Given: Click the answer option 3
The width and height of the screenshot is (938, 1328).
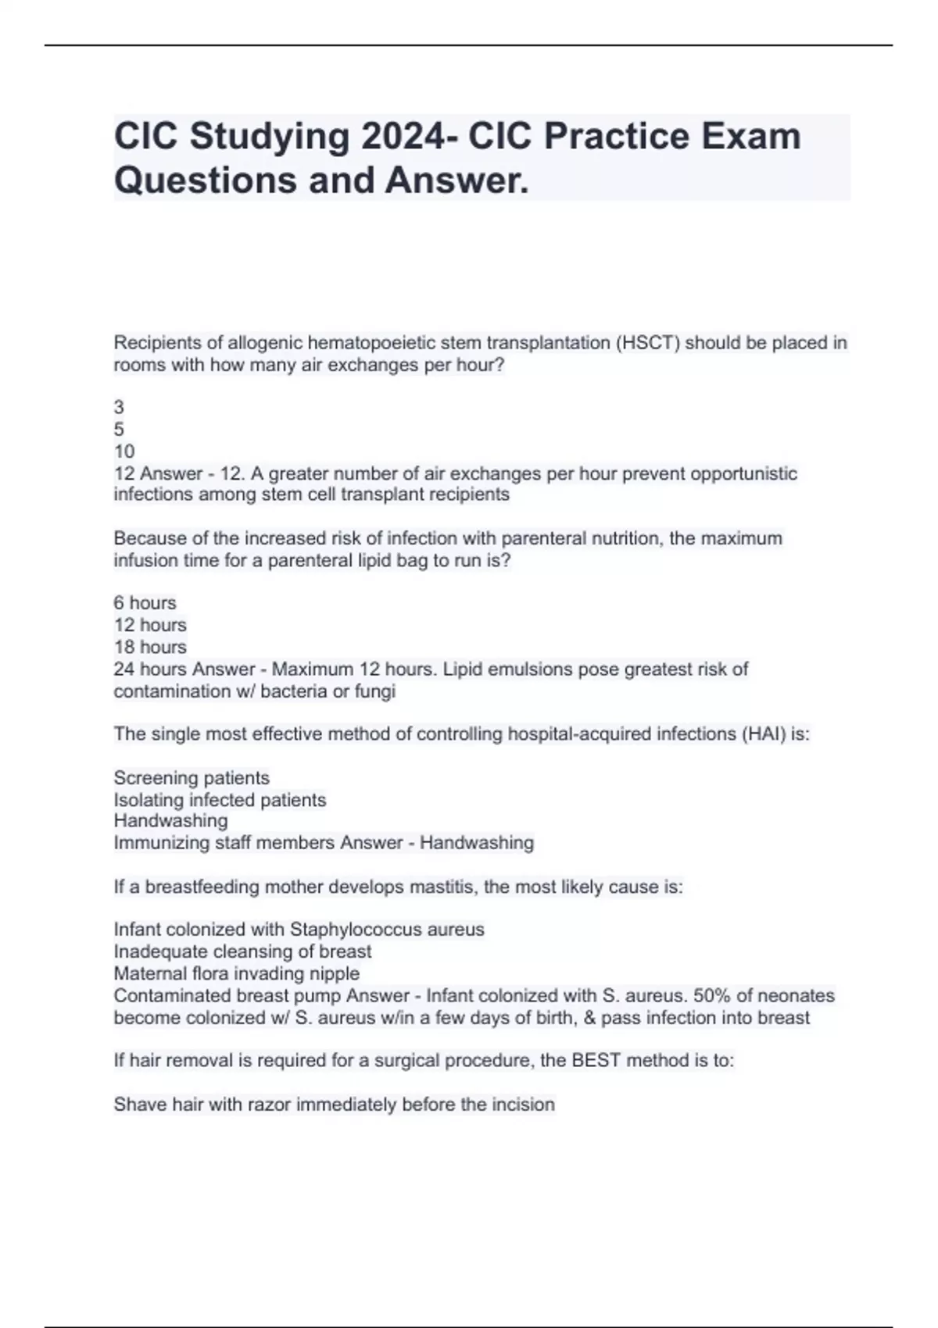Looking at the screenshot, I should click(119, 407).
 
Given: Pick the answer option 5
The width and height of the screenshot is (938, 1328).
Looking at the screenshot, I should click(119, 429).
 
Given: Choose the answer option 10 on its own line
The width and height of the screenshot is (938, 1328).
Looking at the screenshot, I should click(124, 452).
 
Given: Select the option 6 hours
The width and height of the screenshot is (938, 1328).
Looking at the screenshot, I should click(145, 603).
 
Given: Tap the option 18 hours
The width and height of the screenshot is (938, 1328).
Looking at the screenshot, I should click(149, 647).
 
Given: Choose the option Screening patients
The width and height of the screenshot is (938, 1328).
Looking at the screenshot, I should click(192, 778).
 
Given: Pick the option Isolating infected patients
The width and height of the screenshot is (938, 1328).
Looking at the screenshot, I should click(220, 800).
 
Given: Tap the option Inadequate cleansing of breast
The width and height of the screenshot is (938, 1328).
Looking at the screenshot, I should click(242, 951).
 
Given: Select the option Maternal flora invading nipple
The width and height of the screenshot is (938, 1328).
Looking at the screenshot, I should click(236, 973).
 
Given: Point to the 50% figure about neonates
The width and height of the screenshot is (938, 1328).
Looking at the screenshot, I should click(710, 996).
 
